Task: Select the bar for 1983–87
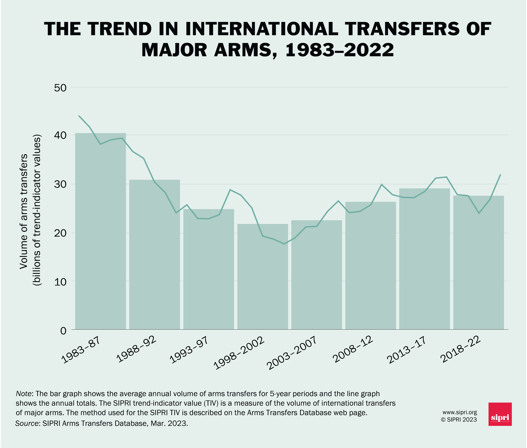101,231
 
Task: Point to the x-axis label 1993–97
189,350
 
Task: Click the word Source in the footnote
26,423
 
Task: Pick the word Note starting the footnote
24,394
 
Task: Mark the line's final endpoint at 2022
500,175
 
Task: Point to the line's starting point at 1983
79,116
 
